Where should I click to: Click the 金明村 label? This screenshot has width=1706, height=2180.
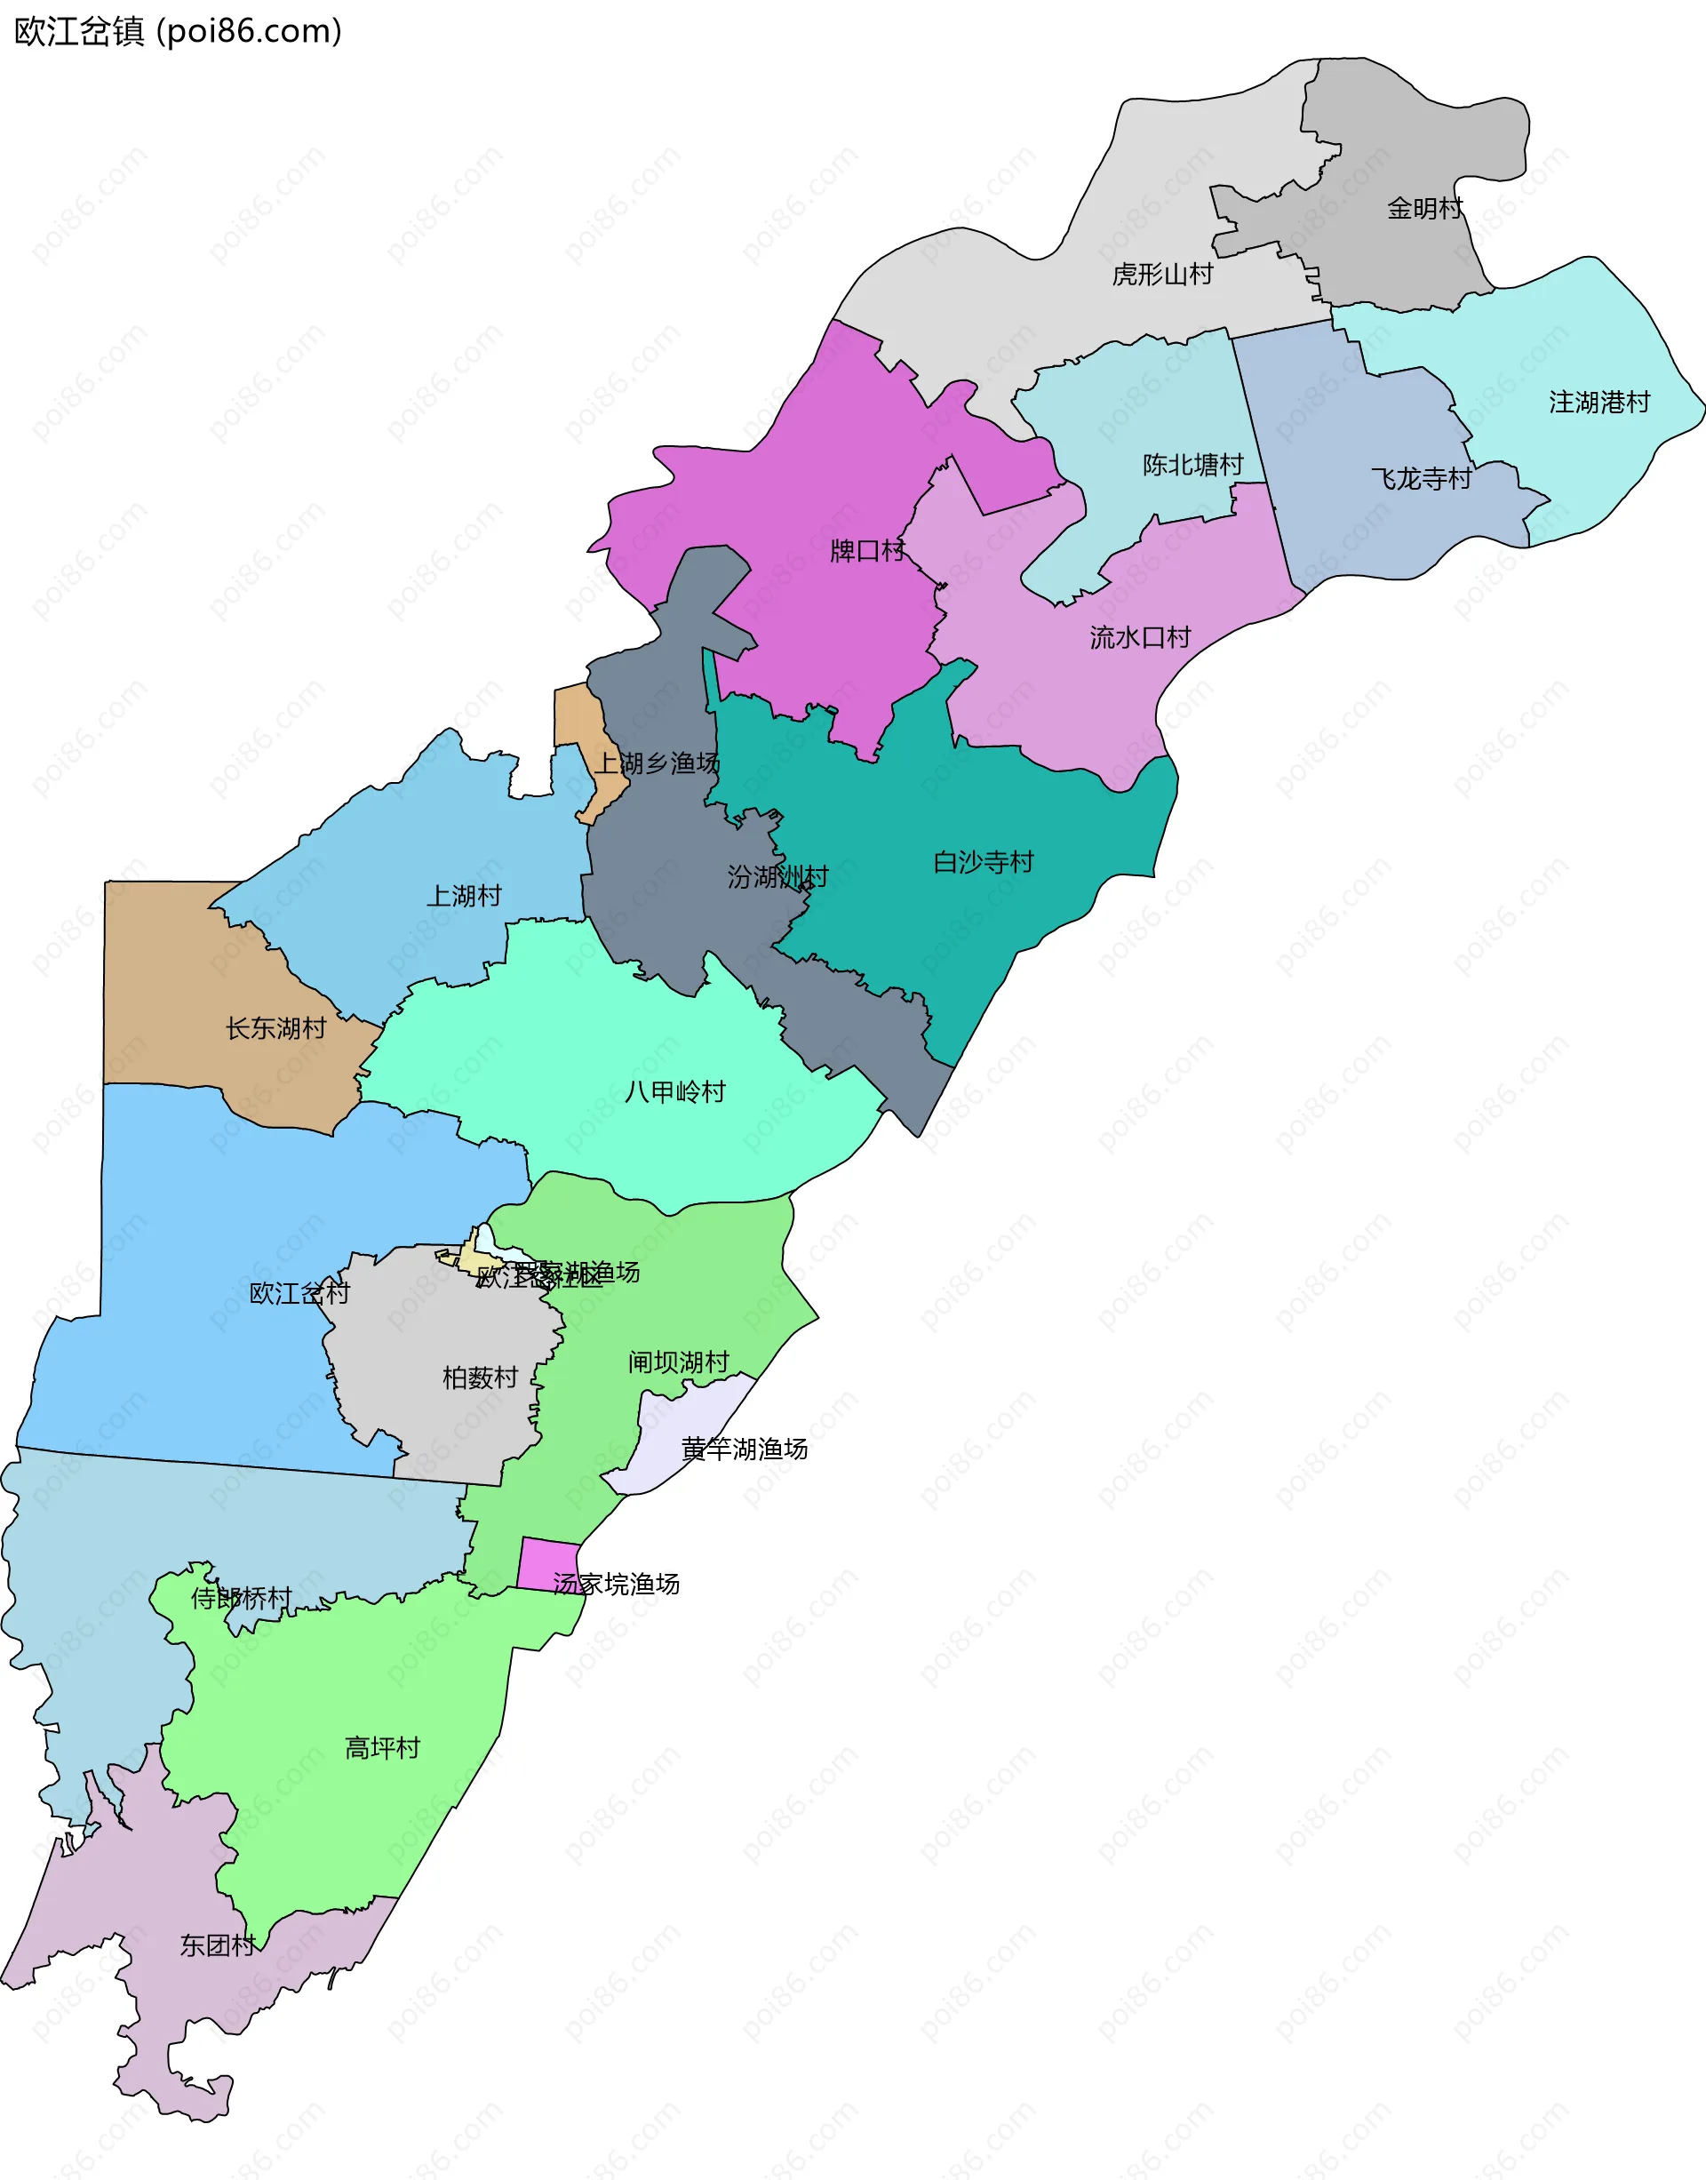(1424, 209)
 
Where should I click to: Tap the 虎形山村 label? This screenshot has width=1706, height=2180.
(1162, 274)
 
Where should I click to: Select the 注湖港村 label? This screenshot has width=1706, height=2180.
(1599, 403)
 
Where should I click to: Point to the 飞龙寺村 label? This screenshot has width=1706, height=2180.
(1421, 480)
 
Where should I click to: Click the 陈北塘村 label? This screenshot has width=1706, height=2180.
(1192, 465)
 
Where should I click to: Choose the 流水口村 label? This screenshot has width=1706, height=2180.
(1140, 637)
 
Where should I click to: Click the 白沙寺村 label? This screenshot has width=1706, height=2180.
(983, 862)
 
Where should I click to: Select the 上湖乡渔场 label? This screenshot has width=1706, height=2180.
(658, 763)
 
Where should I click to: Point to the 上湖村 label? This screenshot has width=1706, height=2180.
(464, 896)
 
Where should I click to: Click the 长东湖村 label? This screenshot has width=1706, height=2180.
(275, 1028)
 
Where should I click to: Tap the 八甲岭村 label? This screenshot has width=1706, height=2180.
(674, 1092)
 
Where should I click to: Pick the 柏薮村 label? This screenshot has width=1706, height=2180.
(481, 1377)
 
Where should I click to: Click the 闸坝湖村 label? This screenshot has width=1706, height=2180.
(678, 1362)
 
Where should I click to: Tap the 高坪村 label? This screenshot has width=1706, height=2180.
(383, 1747)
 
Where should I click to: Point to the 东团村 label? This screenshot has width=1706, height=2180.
(218, 1945)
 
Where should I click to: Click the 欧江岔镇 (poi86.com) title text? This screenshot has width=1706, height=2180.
(178, 32)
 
